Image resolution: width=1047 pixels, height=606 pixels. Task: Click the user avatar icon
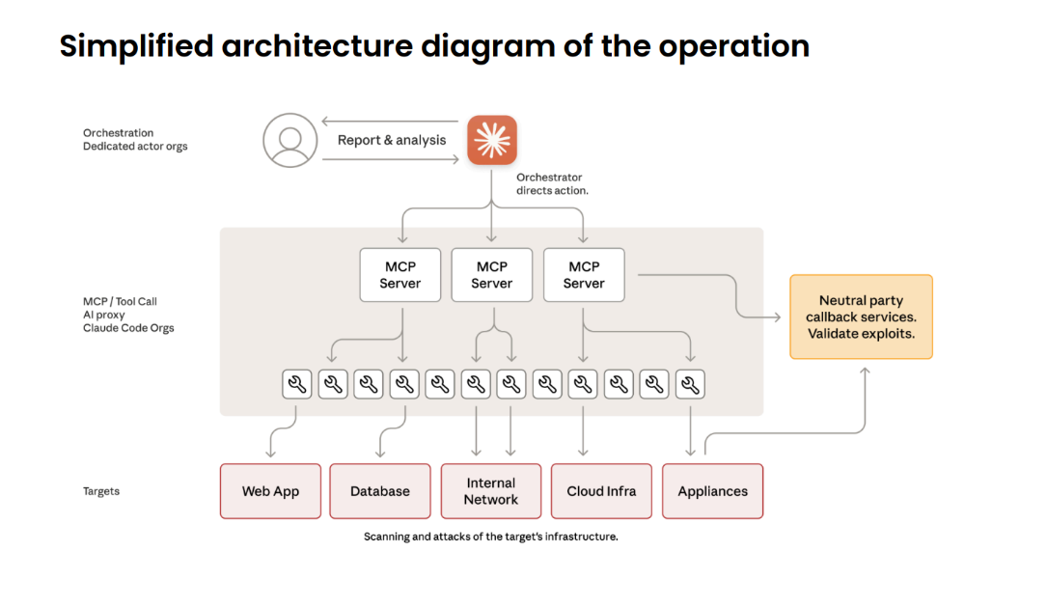(x=289, y=140)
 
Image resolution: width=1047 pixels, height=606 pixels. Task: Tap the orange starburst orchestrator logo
(x=492, y=140)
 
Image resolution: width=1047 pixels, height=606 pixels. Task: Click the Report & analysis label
(x=392, y=140)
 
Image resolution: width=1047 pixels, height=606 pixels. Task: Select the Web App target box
(x=270, y=491)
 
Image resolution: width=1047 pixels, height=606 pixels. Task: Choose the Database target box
(x=380, y=491)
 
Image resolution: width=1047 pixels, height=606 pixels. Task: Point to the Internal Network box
(x=490, y=491)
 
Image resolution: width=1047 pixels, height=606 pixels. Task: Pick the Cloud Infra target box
(x=601, y=491)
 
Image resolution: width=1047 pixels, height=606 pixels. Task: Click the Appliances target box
(x=712, y=491)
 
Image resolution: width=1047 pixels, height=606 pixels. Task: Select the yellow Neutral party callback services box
(x=861, y=317)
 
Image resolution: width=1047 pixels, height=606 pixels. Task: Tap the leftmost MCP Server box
(x=400, y=275)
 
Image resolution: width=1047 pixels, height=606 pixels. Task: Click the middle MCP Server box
(x=492, y=275)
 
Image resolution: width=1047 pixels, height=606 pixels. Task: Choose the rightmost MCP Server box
(x=584, y=275)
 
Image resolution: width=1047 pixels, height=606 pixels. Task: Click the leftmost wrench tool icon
(x=297, y=384)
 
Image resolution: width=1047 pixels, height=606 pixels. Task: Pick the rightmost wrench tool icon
(x=690, y=384)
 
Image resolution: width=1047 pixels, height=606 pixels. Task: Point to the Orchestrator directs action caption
(x=552, y=184)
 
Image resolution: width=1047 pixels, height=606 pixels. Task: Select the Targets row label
(x=101, y=491)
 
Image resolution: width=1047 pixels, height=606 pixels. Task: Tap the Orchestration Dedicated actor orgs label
(x=135, y=140)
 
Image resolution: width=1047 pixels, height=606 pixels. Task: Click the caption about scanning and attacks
(x=490, y=537)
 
